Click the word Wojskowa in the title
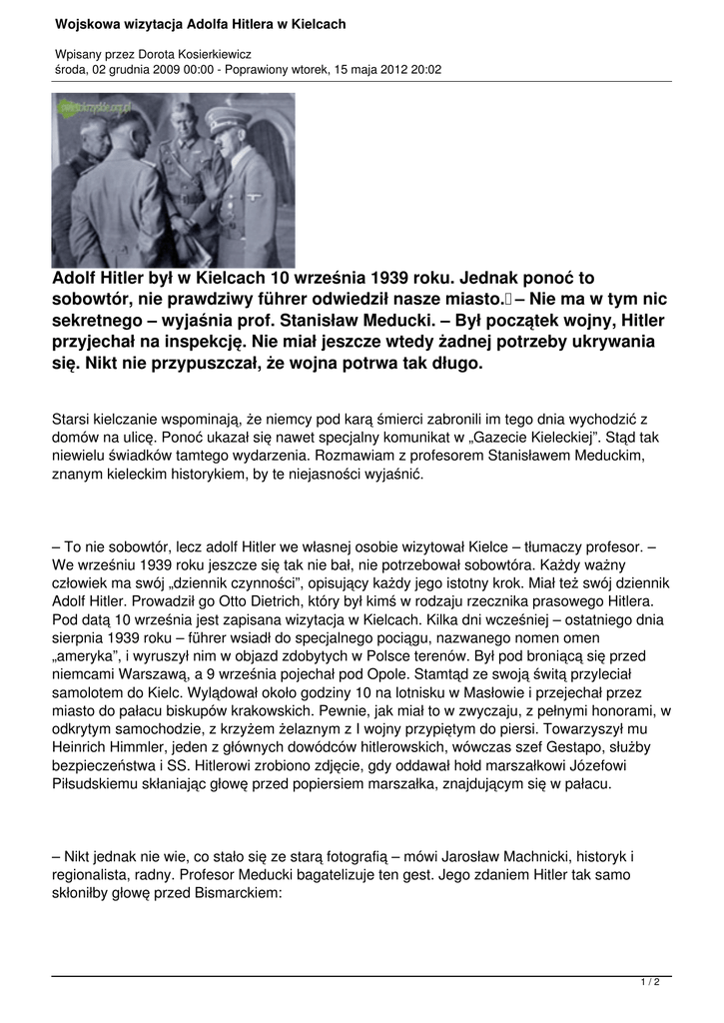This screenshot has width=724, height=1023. click(88, 23)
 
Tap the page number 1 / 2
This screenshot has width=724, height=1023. click(650, 982)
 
